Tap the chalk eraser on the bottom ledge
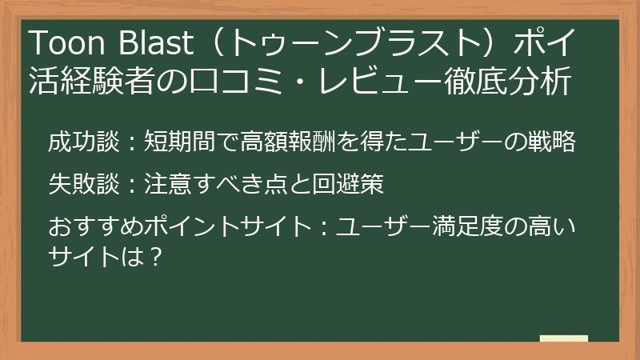click(x=563, y=338)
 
